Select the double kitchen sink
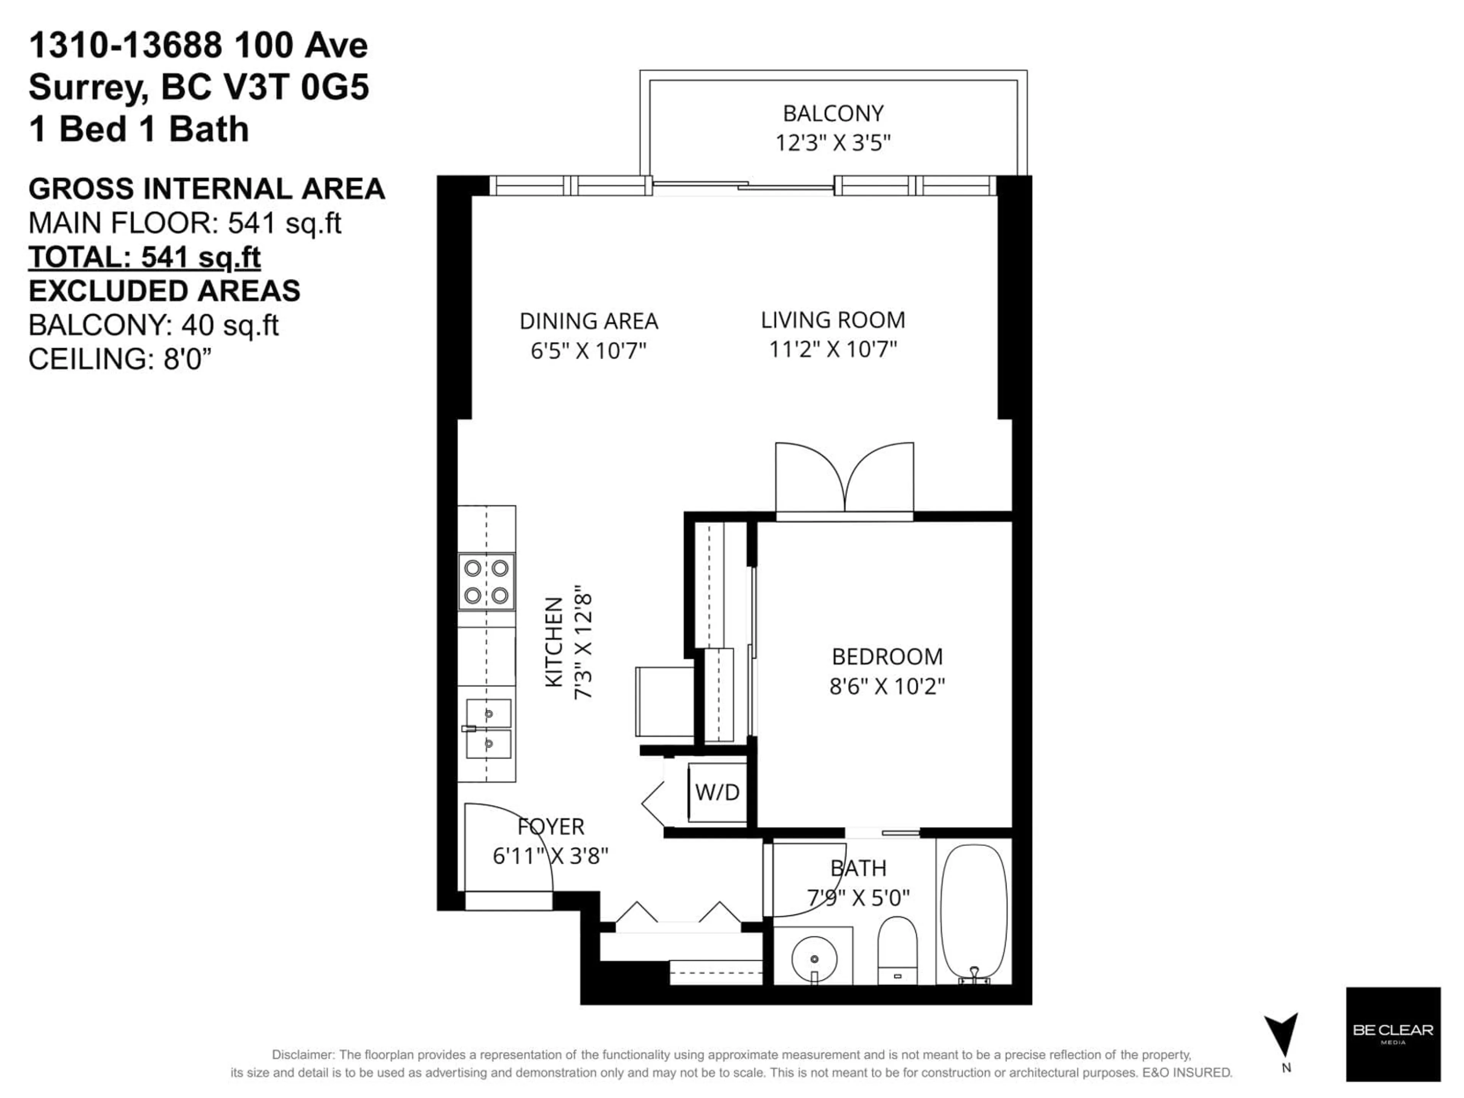(488, 729)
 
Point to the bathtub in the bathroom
(974, 914)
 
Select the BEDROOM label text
(887, 657)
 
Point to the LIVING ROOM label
(833, 320)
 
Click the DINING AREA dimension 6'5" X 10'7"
(588, 350)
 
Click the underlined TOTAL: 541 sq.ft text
(144, 257)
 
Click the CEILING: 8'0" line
(120, 360)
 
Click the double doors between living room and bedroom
(844, 480)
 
